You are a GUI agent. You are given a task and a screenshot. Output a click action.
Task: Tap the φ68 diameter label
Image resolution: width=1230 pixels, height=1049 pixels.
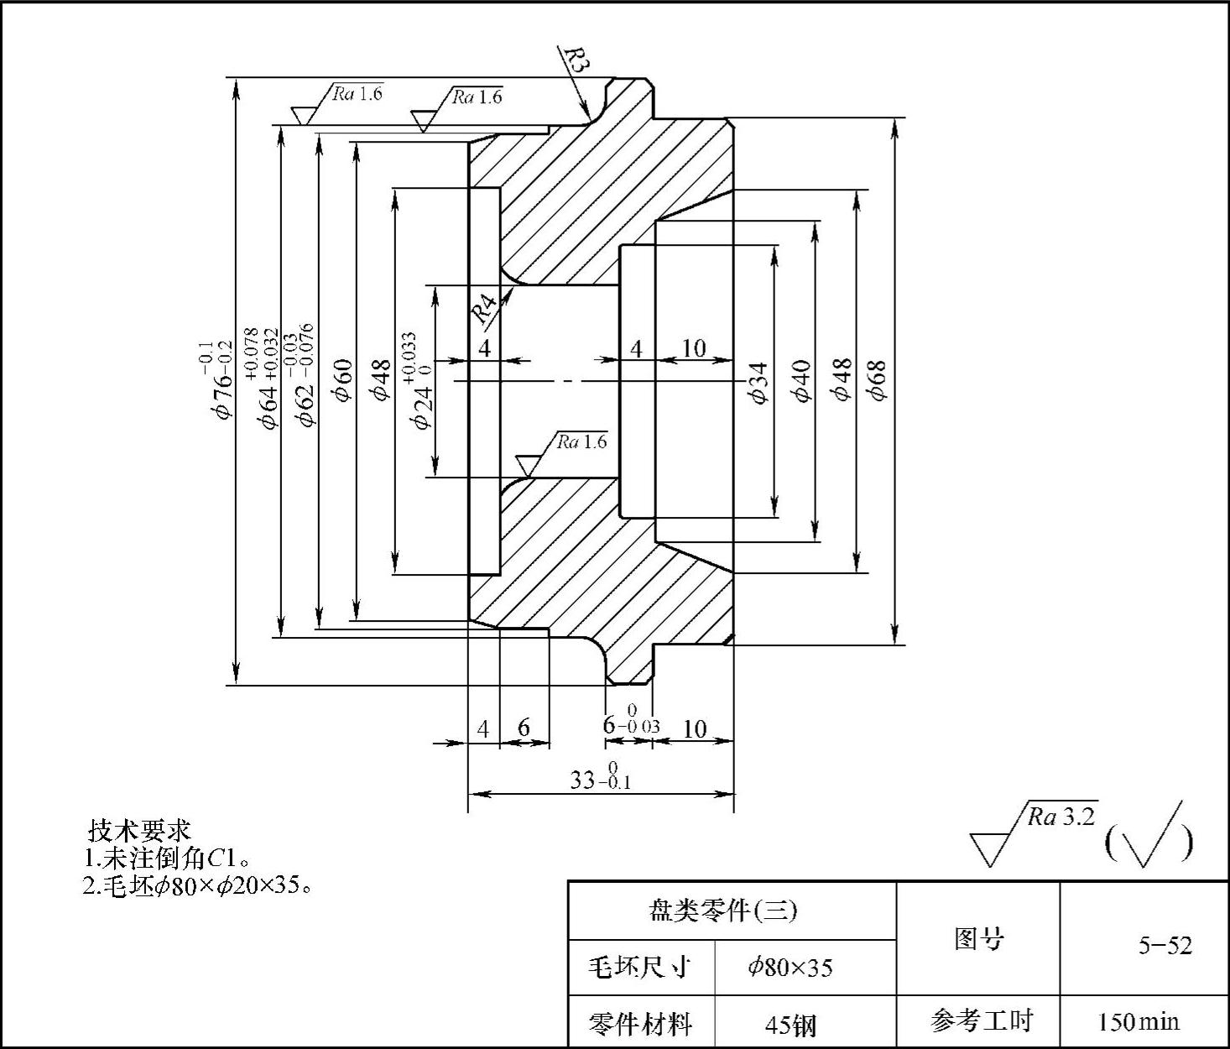click(x=878, y=381)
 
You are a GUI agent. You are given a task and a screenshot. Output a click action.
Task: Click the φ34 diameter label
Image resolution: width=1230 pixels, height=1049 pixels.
click(x=760, y=382)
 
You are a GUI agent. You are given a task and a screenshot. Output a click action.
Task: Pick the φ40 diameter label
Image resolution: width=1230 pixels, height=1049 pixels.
click(x=802, y=381)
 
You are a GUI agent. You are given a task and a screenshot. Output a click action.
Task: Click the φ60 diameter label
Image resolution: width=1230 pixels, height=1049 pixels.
click(x=343, y=380)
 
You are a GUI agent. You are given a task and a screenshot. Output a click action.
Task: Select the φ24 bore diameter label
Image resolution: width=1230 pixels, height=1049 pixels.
click(x=420, y=381)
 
